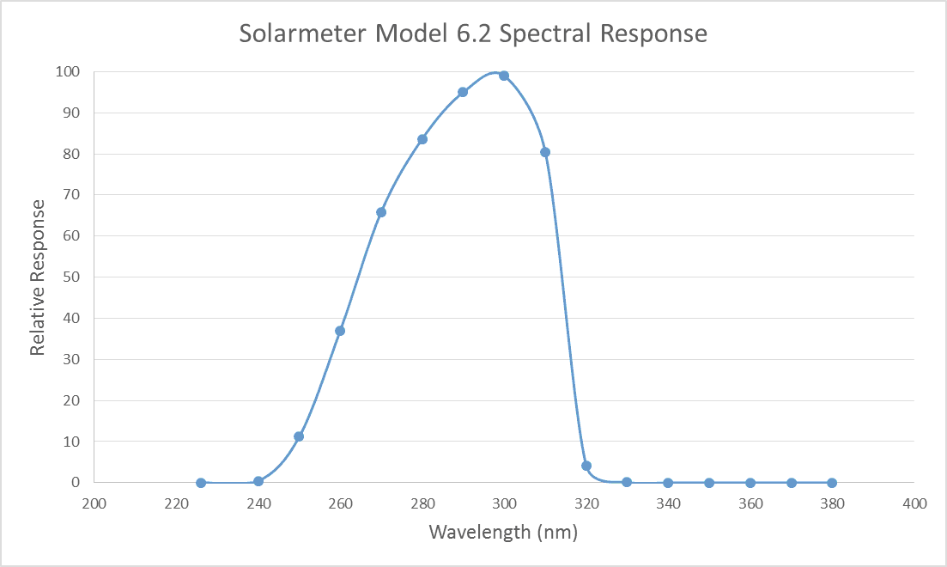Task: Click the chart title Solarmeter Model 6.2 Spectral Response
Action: (x=473, y=34)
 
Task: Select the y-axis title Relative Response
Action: (x=38, y=277)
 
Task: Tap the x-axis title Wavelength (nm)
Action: (x=503, y=532)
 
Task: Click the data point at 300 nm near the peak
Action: (x=504, y=76)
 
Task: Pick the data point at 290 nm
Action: (x=463, y=92)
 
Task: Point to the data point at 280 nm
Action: (x=422, y=139)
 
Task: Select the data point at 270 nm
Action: (x=381, y=212)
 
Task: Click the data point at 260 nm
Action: (x=340, y=331)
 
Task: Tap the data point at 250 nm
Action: (x=299, y=436)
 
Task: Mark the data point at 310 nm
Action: (x=545, y=152)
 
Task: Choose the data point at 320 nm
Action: (x=586, y=466)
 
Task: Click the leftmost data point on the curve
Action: (x=201, y=483)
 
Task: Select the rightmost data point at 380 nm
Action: (x=832, y=483)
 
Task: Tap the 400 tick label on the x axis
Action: (x=914, y=503)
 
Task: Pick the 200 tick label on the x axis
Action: (x=94, y=503)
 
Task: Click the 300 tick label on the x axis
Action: (x=504, y=503)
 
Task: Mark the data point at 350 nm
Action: (x=709, y=483)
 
